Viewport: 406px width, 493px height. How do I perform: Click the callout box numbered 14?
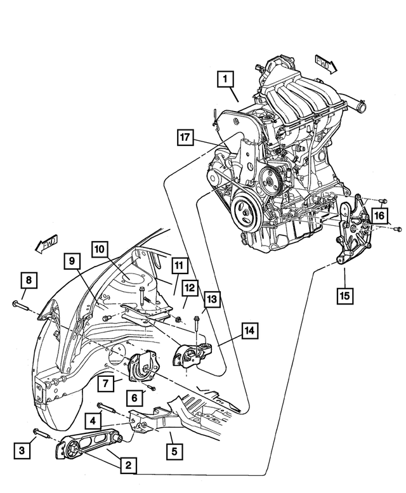(249, 330)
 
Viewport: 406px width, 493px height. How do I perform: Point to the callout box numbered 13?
(211, 298)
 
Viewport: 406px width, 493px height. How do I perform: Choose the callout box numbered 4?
(93, 420)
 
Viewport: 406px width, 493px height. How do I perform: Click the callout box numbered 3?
(22, 452)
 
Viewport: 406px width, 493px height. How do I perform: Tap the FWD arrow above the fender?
(46, 244)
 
